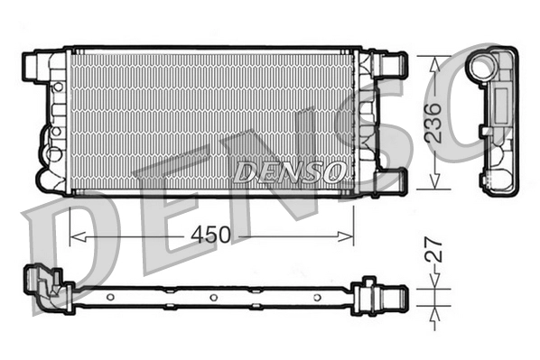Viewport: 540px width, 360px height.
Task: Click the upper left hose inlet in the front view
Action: (x=34, y=65)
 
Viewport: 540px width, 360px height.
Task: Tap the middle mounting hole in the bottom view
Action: (x=213, y=298)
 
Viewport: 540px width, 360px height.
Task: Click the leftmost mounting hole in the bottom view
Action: (x=110, y=297)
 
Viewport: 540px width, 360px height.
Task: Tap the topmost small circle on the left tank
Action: (x=56, y=88)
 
